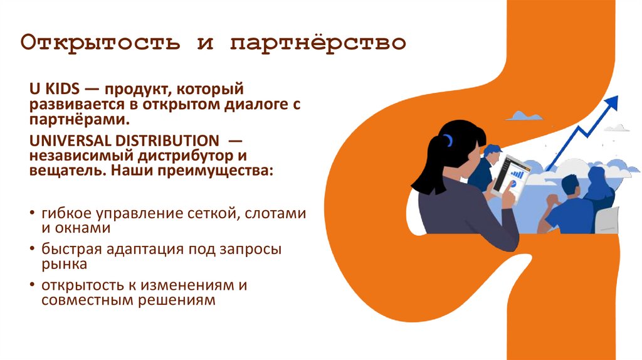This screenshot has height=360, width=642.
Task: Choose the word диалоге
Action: click(251, 105)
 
